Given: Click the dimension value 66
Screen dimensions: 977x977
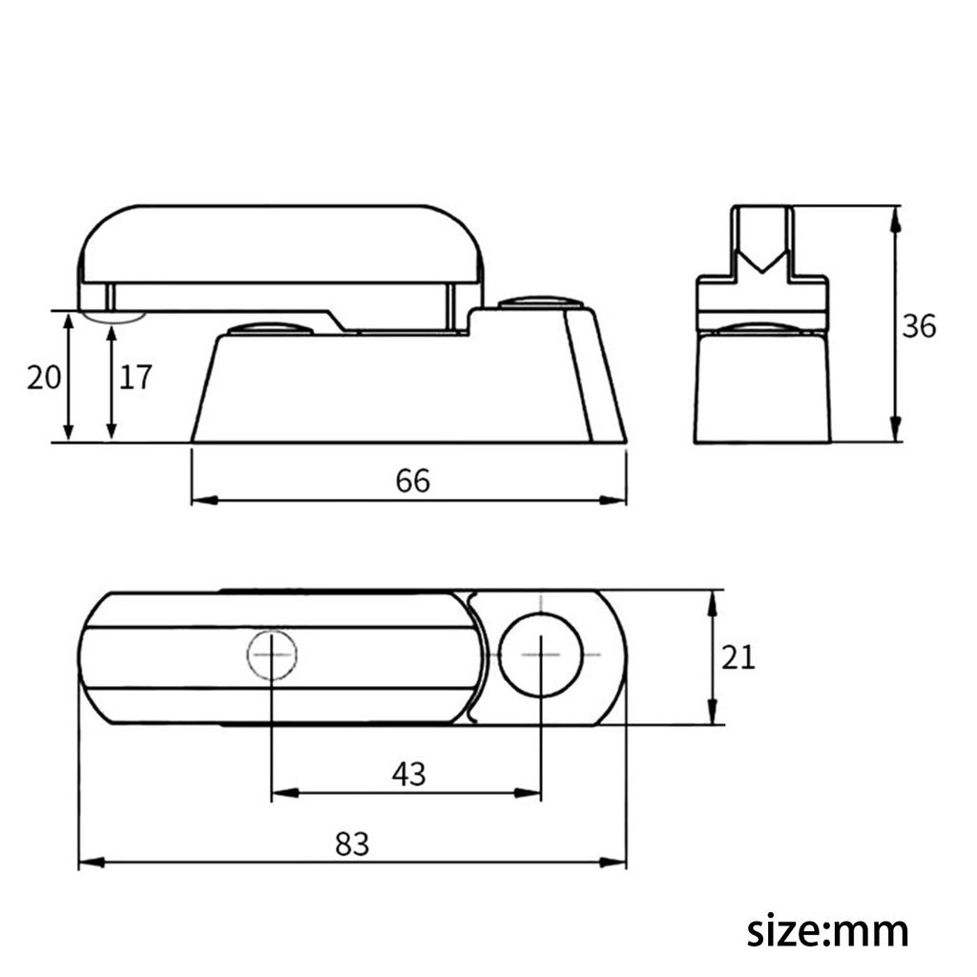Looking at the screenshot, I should pos(413,481).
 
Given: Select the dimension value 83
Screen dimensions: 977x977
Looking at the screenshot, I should pos(352,843).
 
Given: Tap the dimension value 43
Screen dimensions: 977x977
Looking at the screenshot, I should pos(408,774).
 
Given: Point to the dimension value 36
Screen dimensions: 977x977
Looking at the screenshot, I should pos(919,326).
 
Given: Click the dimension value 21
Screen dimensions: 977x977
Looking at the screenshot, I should pos(738,657).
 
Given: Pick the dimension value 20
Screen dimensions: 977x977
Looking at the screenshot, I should pos(44,378).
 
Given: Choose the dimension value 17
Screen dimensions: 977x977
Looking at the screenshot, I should pos(135,378).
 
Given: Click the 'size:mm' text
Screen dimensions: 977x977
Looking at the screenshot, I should pos(827,929).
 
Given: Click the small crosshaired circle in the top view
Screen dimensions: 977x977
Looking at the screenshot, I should pos(272,655).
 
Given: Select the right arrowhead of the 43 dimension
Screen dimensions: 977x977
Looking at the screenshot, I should pos(533,792).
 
